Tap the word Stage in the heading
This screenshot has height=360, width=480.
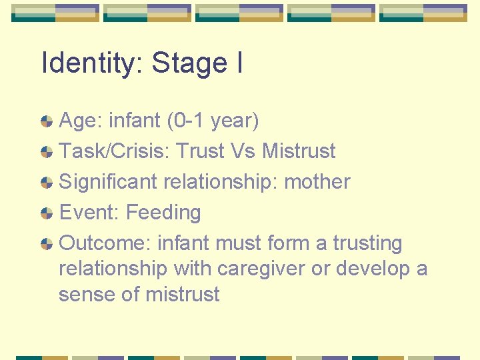tap(189, 64)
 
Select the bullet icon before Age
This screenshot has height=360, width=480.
tap(47, 121)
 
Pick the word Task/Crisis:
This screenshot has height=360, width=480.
tap(113, 151)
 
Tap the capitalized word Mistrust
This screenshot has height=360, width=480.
tap(299, 151)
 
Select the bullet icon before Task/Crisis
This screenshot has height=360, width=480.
tap(47, 152)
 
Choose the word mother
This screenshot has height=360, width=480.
tap(317, 182)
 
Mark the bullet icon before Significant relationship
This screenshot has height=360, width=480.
tap(47, 183)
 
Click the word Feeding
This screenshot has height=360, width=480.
tap(163, 213)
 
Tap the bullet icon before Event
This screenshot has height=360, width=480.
tap(47, 213)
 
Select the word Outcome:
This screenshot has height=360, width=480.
tap(105, 243)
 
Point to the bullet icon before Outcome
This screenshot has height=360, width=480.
tap(47, 244)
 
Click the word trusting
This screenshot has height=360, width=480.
tap(368, 243)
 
